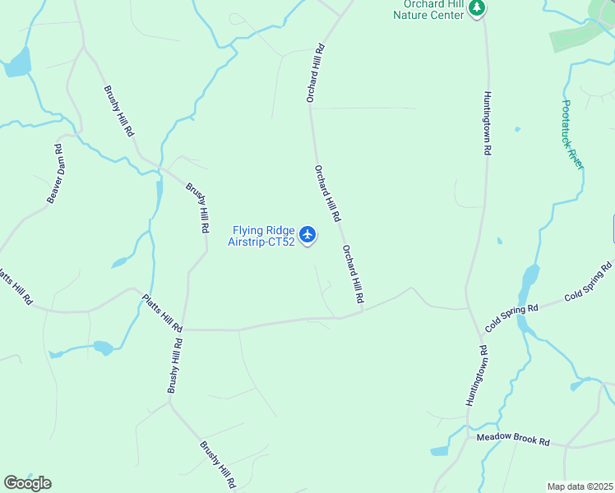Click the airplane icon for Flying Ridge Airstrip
pos(307,235)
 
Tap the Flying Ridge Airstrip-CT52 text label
pos(262,237)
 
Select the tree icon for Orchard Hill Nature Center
pos(477,8)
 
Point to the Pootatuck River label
pos(572,135)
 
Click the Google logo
pos(27,482)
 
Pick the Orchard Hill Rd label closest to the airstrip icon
pos(326,194)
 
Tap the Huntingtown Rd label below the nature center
pos(487,123)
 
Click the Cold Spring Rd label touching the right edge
pos(589,280)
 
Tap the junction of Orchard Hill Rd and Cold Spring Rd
pos(363,311)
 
